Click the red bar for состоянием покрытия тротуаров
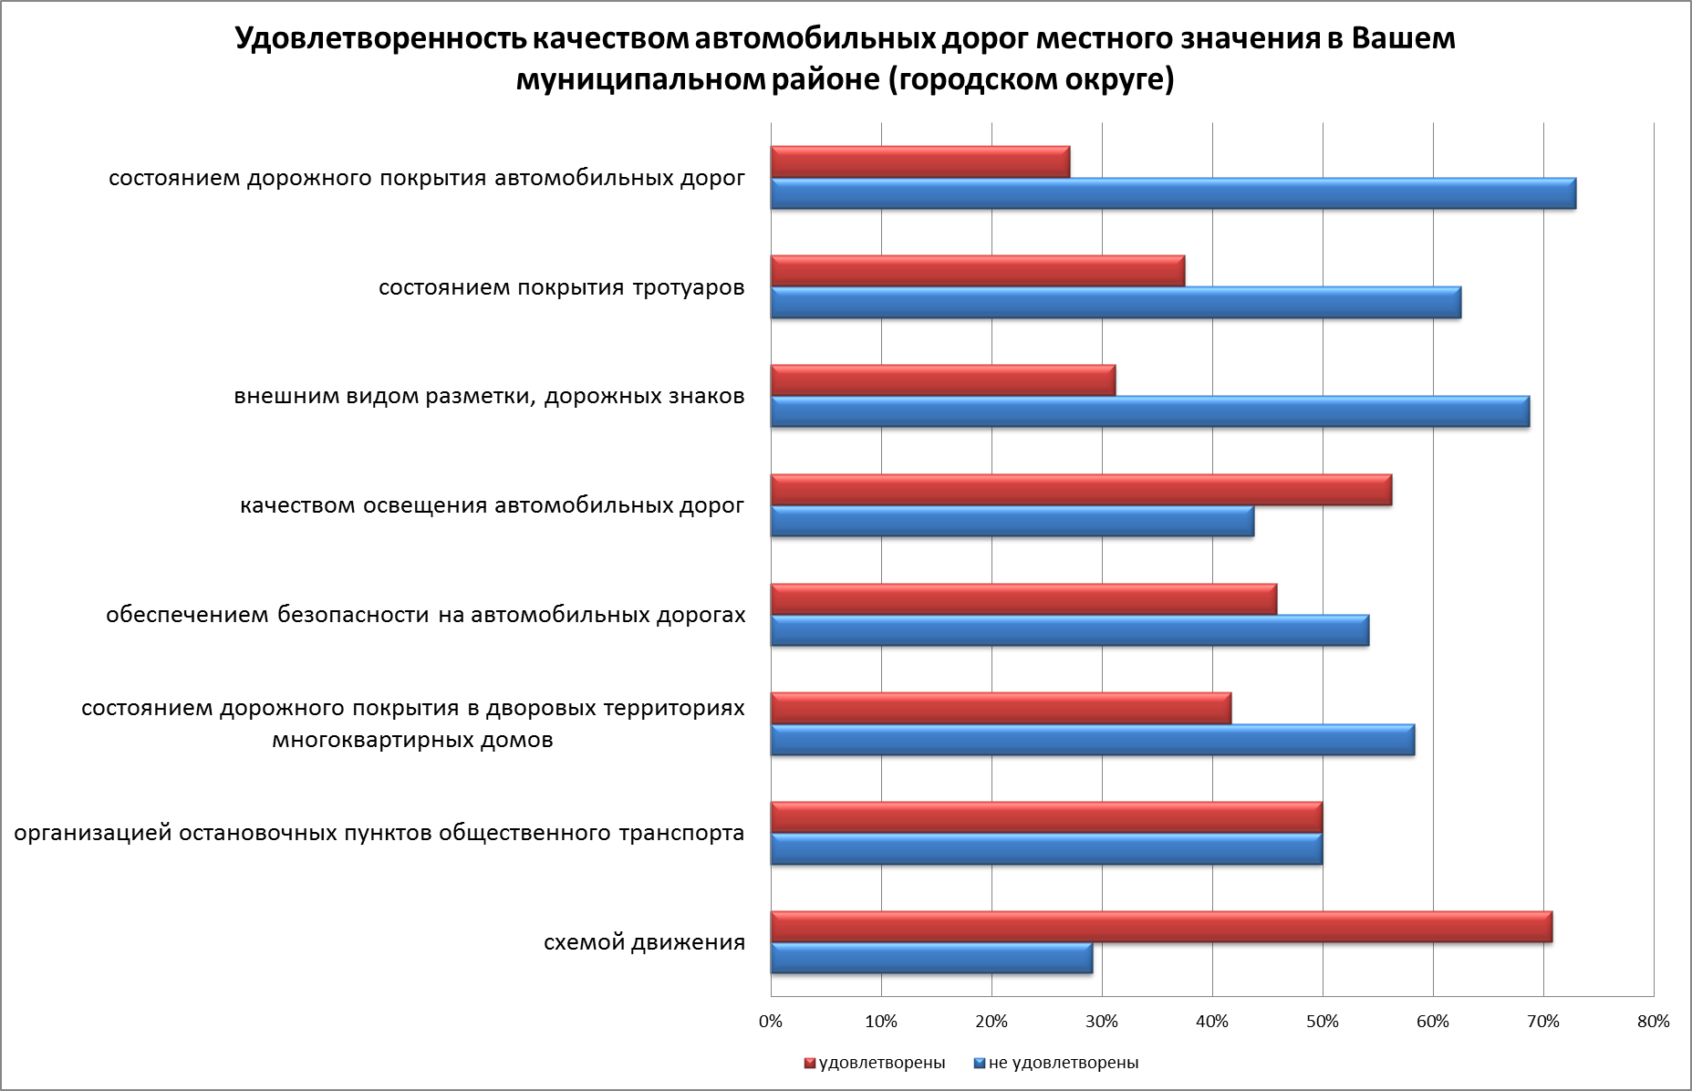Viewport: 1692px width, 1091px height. pyautogui.click(x=977, y=271)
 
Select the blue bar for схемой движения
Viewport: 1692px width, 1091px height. pyautogui.click(x=931, y=958)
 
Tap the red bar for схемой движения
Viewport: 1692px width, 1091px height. pyautogui.click(x=1161, y=927)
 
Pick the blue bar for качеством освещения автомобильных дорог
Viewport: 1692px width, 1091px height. pyautogui.click(x=1012, y=521)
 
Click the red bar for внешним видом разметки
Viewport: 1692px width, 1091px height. pyautogui.click(x=942, y=380)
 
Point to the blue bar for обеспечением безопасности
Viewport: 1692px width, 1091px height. pyautogui.click(x=1069, y=630)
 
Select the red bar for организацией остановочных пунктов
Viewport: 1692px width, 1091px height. pyautogui.click(x=1046, y=817)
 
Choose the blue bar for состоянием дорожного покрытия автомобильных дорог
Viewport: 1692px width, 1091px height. pyautogui.click(x=1173, y=193)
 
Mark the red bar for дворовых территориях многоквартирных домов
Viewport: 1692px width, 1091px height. pyautogui.click(x=1001, y=708)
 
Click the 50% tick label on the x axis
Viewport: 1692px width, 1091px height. pyautogui.click(x=1323, y=1022)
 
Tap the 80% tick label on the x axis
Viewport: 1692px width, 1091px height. pyautogui.click(x=1653, y=1022)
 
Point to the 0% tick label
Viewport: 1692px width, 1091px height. pyautogui.click(x=771, y=1022)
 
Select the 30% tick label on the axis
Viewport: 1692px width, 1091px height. pyautogui.click(x=1102, y=1022)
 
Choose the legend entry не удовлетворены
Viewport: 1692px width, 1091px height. pyautogui.click(x=1063, y=1063)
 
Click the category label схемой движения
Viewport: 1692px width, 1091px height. pyautogui.click(x=644, y=942)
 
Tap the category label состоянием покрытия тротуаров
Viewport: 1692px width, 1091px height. pyautogui.click(x=562, y=288)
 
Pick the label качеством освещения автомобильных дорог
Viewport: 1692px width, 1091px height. pyautogui.click(x=493, y=505)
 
